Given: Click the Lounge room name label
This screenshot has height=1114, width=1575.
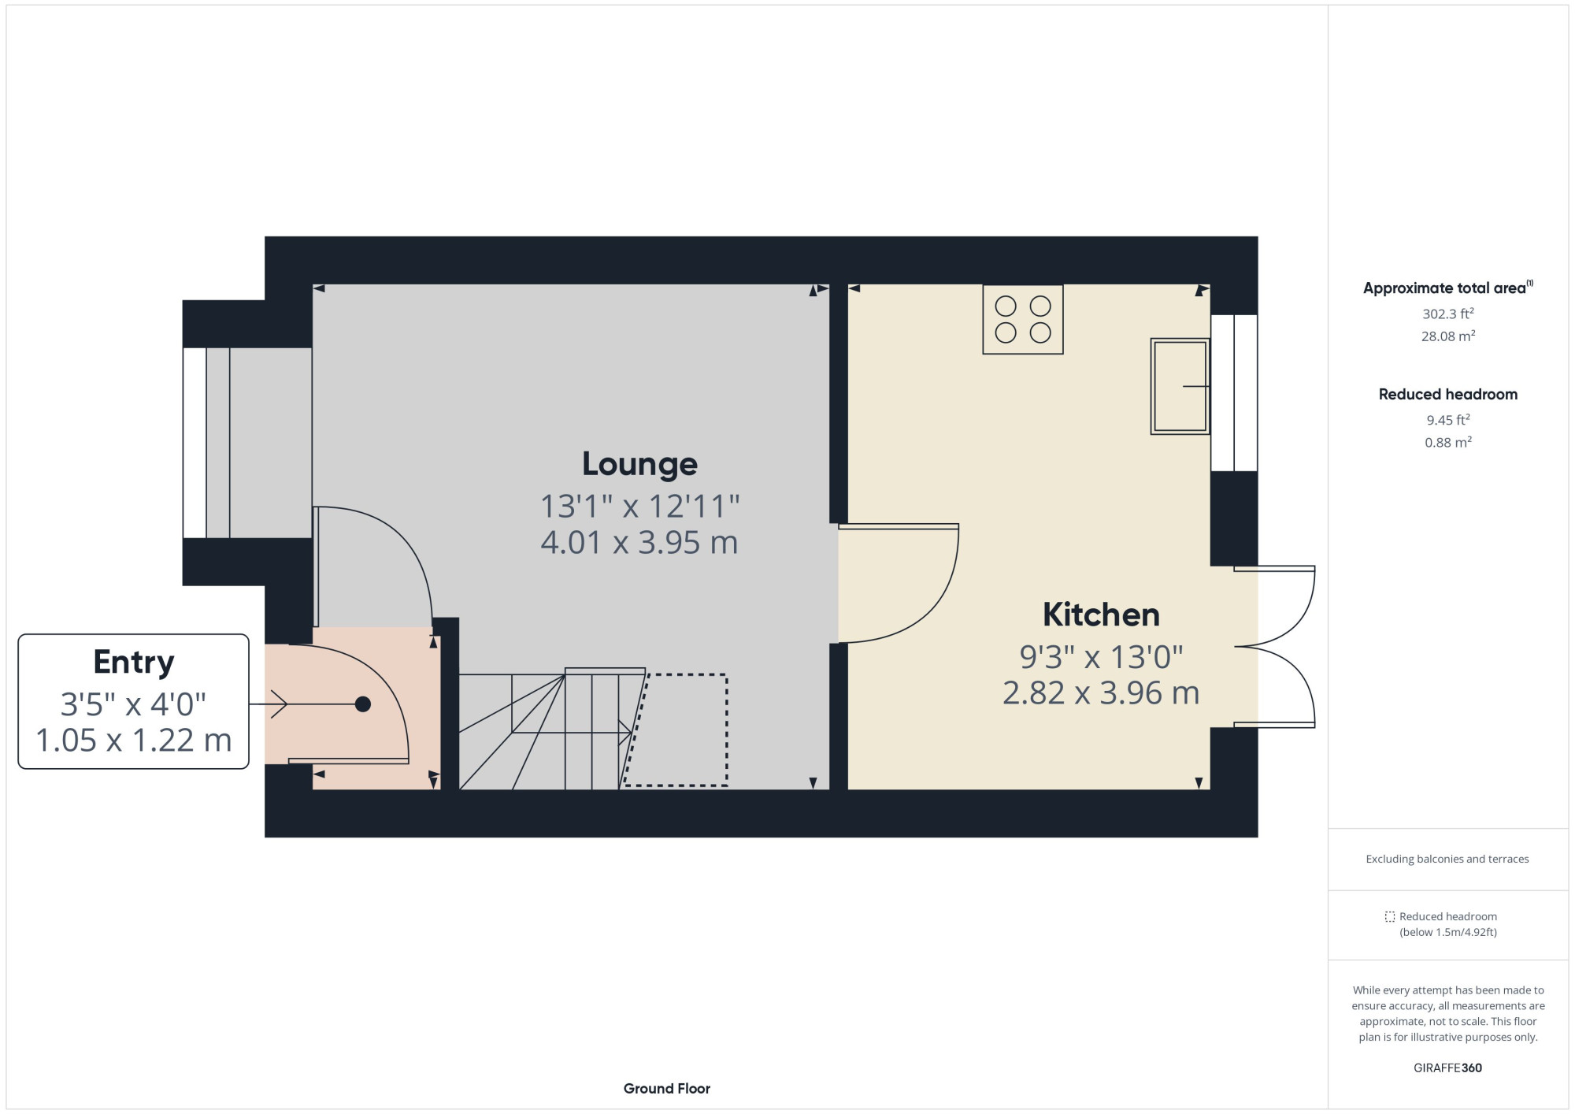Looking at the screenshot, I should [x=639, y=464].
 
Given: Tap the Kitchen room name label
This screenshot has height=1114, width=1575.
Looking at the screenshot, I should [x=1101, y=615].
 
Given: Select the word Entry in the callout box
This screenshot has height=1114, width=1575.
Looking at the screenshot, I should [x=133, y=662].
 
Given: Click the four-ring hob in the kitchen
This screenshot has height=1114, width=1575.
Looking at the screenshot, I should [x=1022, y=319].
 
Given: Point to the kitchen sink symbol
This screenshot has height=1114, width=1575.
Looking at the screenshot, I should [x=1180, y=386].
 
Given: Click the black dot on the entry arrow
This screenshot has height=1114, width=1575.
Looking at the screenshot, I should [x=363, y=704].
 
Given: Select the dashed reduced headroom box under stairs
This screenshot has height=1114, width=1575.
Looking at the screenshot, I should [x=677, y=730].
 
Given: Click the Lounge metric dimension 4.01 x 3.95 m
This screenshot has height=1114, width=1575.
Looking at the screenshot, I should [x=639, y=543].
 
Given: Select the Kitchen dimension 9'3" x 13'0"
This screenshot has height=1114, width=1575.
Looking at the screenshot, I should [x=1101, y=656].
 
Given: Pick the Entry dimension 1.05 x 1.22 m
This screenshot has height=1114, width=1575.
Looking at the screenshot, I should [x=133, y=741].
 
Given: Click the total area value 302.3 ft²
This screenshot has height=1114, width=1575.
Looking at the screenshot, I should [x=1447, y=314].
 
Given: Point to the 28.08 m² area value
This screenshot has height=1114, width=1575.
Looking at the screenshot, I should [x=1447, y=336].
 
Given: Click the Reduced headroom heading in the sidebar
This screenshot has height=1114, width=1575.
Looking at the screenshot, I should [x=1447, y=394].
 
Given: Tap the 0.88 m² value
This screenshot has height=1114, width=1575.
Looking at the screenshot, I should [x=1447, y=443].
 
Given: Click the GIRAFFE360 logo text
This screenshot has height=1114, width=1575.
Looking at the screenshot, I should [x=1447, y=1068].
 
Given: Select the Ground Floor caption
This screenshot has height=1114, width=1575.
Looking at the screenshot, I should [x=666, y=1089].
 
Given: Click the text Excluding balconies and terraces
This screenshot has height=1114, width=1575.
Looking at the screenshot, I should [x=1447, y=859].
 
